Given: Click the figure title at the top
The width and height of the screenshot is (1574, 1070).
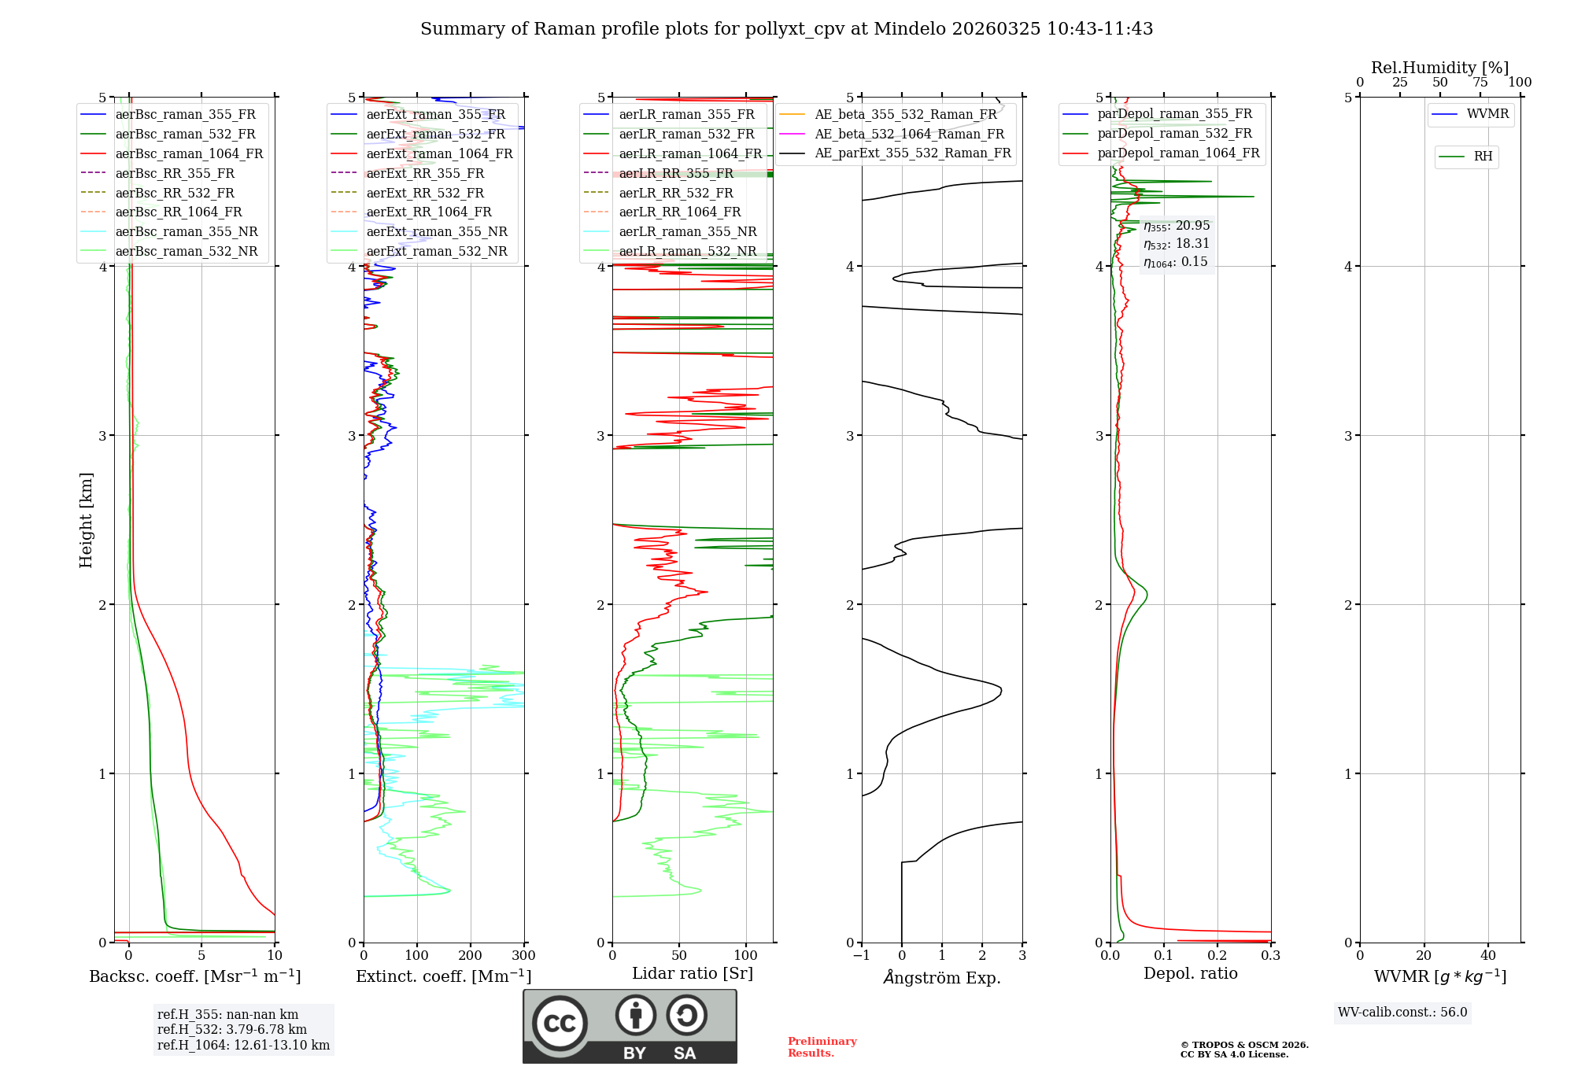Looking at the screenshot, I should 786,29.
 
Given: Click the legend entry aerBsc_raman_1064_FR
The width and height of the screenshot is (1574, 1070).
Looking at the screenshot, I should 189,153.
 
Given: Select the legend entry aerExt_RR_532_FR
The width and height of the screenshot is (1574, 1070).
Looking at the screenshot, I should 425,193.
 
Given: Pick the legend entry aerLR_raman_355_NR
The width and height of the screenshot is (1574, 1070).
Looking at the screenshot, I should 687,231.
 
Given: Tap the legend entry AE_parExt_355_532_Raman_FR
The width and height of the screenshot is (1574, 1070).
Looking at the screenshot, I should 913,153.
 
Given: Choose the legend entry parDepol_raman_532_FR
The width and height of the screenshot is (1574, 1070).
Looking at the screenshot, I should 1174,134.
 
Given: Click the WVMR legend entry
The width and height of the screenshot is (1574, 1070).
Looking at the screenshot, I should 1487,114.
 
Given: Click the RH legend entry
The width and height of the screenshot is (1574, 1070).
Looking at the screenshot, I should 1483,157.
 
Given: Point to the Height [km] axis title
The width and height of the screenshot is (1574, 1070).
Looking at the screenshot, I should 86,520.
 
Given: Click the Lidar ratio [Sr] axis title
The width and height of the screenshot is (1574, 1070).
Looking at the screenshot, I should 693,973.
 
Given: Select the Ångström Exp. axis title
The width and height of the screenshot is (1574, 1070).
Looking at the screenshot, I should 942,977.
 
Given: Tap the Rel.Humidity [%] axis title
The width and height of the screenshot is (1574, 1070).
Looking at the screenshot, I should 1439,68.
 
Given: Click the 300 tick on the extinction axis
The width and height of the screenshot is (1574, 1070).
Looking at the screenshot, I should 523,956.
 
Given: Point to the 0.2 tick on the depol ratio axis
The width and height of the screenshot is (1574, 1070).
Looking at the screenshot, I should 1217,956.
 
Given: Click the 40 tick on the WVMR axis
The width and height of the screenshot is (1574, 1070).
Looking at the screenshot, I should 1488,956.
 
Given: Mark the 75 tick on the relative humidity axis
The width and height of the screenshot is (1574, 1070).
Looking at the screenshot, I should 1480,83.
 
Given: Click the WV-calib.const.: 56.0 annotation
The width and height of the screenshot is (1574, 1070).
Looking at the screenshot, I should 1402,1012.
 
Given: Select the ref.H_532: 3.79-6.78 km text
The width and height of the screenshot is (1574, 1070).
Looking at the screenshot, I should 232,1029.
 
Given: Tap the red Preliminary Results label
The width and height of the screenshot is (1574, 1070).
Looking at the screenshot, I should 822,1046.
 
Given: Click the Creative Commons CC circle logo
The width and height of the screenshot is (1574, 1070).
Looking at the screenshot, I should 560,1024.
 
